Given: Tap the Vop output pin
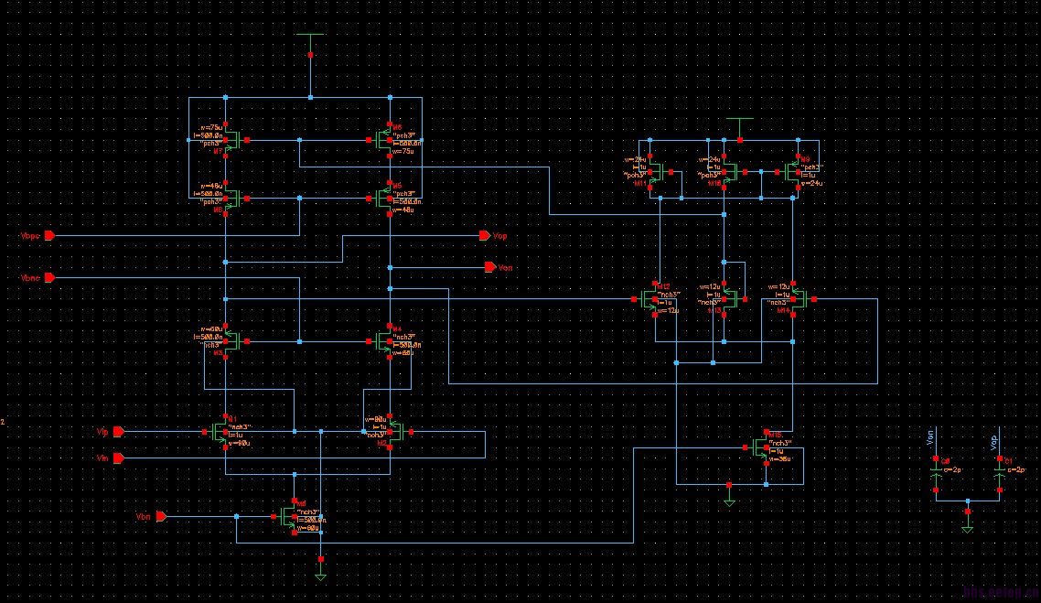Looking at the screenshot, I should (485, 236).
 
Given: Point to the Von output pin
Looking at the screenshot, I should (489, 267).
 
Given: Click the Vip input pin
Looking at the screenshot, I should (119, 430).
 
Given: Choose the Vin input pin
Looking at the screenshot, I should (119, 458).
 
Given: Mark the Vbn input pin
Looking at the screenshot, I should (160, 517).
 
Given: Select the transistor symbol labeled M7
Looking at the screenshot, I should (231, 141).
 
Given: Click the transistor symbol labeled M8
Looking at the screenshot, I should (231, 199).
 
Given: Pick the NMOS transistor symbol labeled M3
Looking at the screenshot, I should (231, 341).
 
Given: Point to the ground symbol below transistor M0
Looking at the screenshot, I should (320, 576).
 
